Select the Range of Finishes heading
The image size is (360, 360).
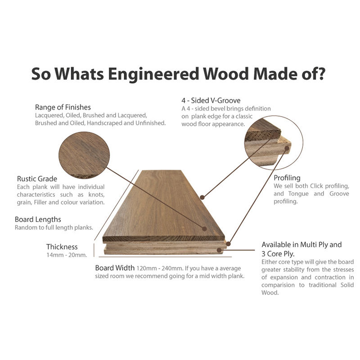click(63, 107)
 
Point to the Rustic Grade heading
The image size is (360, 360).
click(37, 179)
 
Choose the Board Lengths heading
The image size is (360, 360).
click(38, 220)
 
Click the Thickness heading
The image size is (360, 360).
click(62, 247)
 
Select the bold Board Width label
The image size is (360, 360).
click(114, 268)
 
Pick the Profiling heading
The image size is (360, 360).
click(287, 178)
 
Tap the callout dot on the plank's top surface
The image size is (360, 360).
click(205, 228)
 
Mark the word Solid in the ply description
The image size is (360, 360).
click(346, 285)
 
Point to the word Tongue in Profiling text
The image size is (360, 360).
click(298, 194)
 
